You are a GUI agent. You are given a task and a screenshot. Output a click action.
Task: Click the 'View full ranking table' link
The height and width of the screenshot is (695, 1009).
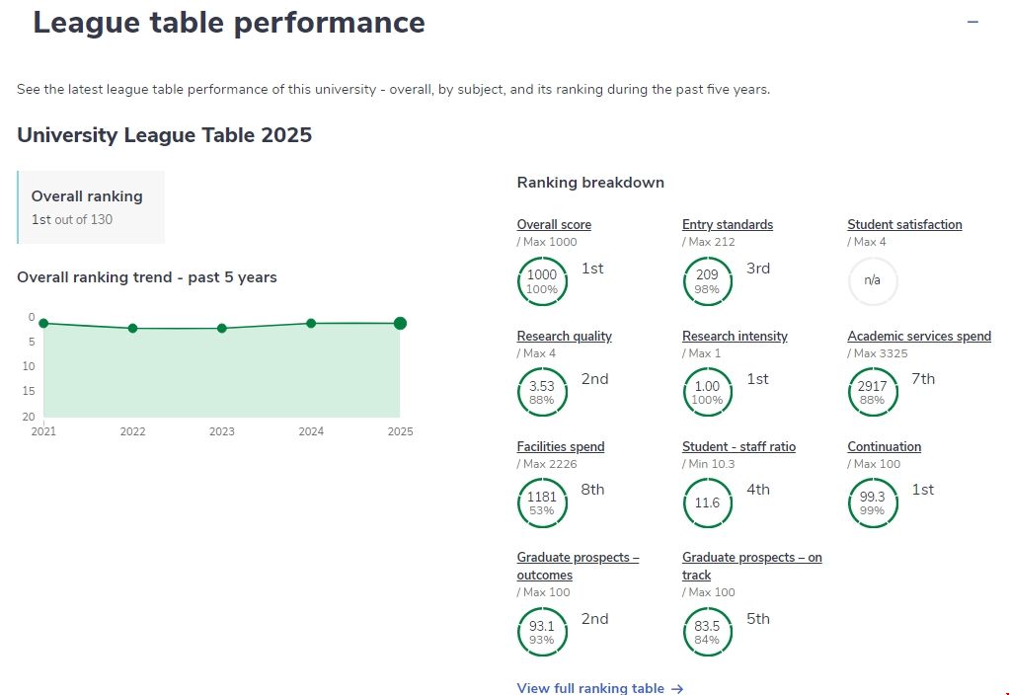pyautogui.click(x=599, y=688)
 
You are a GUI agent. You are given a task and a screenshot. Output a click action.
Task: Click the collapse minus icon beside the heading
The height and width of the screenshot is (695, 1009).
pyautogui.click(x=972, y=22)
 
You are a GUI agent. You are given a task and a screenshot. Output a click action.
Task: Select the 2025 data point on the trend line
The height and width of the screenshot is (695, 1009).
pyautogui.click(x=400, y=323)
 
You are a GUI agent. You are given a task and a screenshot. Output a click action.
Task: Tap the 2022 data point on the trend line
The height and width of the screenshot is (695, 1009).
pyautogui.click(x=132, y=328)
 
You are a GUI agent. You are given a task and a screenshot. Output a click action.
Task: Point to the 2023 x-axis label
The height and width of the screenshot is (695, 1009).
pyautogui.click(x=221, y=431)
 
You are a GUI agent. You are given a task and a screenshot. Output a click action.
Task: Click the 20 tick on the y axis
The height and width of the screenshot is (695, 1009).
pyautogui.click(x=31, y=417)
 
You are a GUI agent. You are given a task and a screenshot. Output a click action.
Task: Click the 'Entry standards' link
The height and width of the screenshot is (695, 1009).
pyautogui.click(x=727, y=224)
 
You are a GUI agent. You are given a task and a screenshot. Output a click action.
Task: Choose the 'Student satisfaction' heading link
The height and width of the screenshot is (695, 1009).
pyautogui.click(x=903, y=224)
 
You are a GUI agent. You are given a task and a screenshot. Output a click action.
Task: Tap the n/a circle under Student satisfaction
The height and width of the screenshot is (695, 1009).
pyautogui.click(x=873, y=281)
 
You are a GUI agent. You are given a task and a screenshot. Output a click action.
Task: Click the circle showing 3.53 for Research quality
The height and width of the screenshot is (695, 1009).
pyautogui.click(x=542, y=392)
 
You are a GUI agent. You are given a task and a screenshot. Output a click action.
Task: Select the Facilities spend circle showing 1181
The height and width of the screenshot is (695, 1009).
pyautogui.click(x=542, y=502)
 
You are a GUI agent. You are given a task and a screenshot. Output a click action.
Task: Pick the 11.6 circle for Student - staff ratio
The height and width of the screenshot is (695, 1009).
pyautogui.click(x=707, y=502)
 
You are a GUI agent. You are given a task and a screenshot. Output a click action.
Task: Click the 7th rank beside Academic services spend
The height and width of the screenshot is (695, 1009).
pyautogui.click(x=922, y=379)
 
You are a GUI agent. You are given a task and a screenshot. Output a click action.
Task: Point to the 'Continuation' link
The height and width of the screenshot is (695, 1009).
pyautogui.click(x=884, y=446)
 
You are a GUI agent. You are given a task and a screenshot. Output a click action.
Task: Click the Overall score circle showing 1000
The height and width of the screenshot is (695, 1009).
pyautogui.click(x=542, y=281)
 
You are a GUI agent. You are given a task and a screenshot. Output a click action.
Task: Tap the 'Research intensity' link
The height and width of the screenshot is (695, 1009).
pyautogui.click(x=735, y=336)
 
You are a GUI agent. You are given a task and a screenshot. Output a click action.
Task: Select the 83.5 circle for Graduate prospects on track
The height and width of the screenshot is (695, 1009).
pyautogui.click(x=707, y=632)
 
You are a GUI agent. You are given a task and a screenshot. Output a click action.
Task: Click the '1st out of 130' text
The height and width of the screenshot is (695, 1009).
pyautogui.click(x=72, y=219)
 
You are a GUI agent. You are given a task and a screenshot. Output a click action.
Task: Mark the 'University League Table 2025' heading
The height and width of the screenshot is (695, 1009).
pyautogui.click(x=165, y=135)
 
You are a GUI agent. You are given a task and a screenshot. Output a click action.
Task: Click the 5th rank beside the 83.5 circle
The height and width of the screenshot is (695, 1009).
pyautogui.click(x=757, y=619)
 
